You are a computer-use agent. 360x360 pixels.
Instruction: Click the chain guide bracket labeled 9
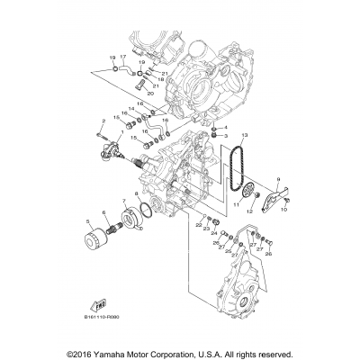(x=272, y=201)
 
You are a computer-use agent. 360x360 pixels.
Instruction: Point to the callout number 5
(x=87, y=220)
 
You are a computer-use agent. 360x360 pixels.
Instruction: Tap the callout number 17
(x=123, y=57)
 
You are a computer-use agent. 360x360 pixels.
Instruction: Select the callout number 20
(x=149, y=93)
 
